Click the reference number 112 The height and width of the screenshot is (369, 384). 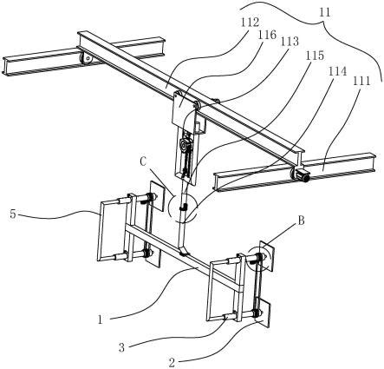(251, 23)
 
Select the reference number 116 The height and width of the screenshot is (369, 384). (267, 35)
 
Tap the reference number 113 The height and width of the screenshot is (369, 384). (290, 42)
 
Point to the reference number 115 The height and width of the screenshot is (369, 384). (315, 56)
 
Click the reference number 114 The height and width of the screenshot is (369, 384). (337, 70)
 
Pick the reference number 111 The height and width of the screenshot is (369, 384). (361, 81)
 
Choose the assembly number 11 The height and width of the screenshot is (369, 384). (325, 12)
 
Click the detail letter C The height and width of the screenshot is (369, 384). (144, 162)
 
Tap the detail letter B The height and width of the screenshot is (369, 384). (301, 221)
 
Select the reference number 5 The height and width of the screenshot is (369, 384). (13, 214)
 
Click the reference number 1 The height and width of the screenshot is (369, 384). (101, 320)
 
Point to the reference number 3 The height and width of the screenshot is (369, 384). (121, 347)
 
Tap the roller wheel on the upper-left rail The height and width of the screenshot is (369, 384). (86, 60)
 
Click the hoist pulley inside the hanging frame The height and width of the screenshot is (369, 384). (184, 143)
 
